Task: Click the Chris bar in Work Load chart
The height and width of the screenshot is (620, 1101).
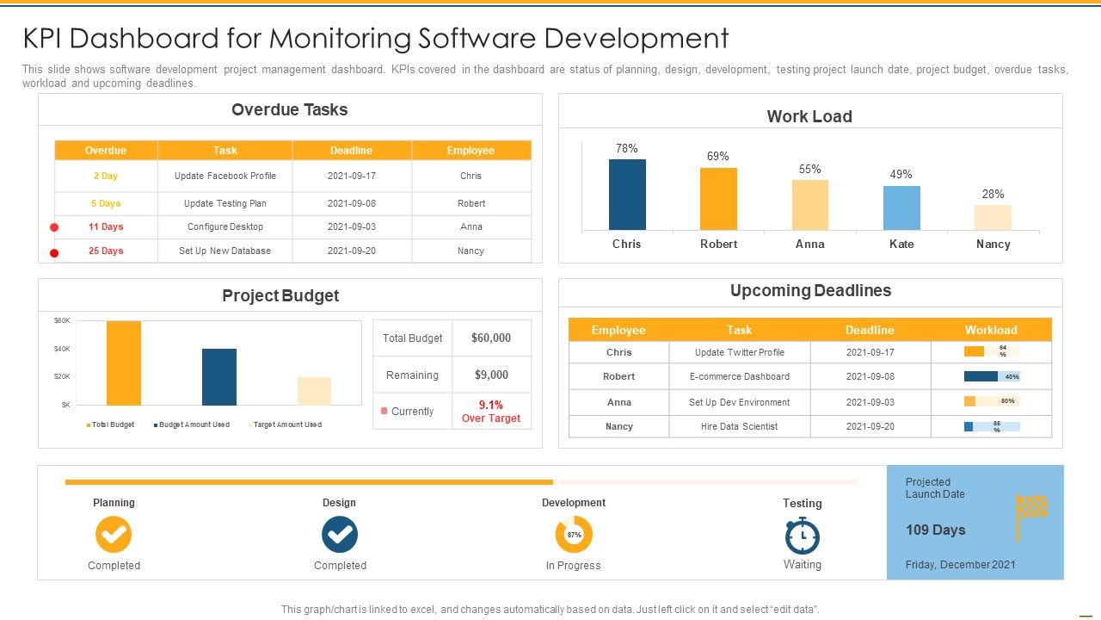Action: click(627, 195)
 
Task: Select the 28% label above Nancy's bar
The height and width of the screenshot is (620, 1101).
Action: click(993, 194)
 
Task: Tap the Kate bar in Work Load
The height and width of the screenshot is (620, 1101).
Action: click(901, 208)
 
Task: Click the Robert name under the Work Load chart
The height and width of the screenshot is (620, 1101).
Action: click(718, 245)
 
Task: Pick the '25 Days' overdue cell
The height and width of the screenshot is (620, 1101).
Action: click(106, 251)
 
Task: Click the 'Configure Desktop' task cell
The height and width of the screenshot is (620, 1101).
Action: click(225, 227)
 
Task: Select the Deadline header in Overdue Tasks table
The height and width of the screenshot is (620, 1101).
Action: click(351, 151)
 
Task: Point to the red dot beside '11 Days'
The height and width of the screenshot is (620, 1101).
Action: click(54, 227)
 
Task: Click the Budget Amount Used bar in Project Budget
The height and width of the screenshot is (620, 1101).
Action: click(219, 376)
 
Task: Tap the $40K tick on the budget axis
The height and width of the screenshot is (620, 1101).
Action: click(62, 349)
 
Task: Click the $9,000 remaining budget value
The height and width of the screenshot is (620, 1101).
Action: click(490, 375)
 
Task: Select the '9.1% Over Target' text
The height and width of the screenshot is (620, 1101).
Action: click(490, 412)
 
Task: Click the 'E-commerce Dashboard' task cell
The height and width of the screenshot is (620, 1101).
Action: click(739, 377)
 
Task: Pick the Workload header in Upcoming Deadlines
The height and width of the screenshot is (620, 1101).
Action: click(990, 330)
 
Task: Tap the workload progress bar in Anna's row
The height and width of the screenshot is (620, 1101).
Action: click(992, 401)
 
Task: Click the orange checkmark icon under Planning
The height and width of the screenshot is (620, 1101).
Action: click(114, 535)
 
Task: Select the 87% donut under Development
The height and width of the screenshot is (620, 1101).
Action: click(574, 535)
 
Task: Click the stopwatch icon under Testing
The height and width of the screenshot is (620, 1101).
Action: click(803, 536)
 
